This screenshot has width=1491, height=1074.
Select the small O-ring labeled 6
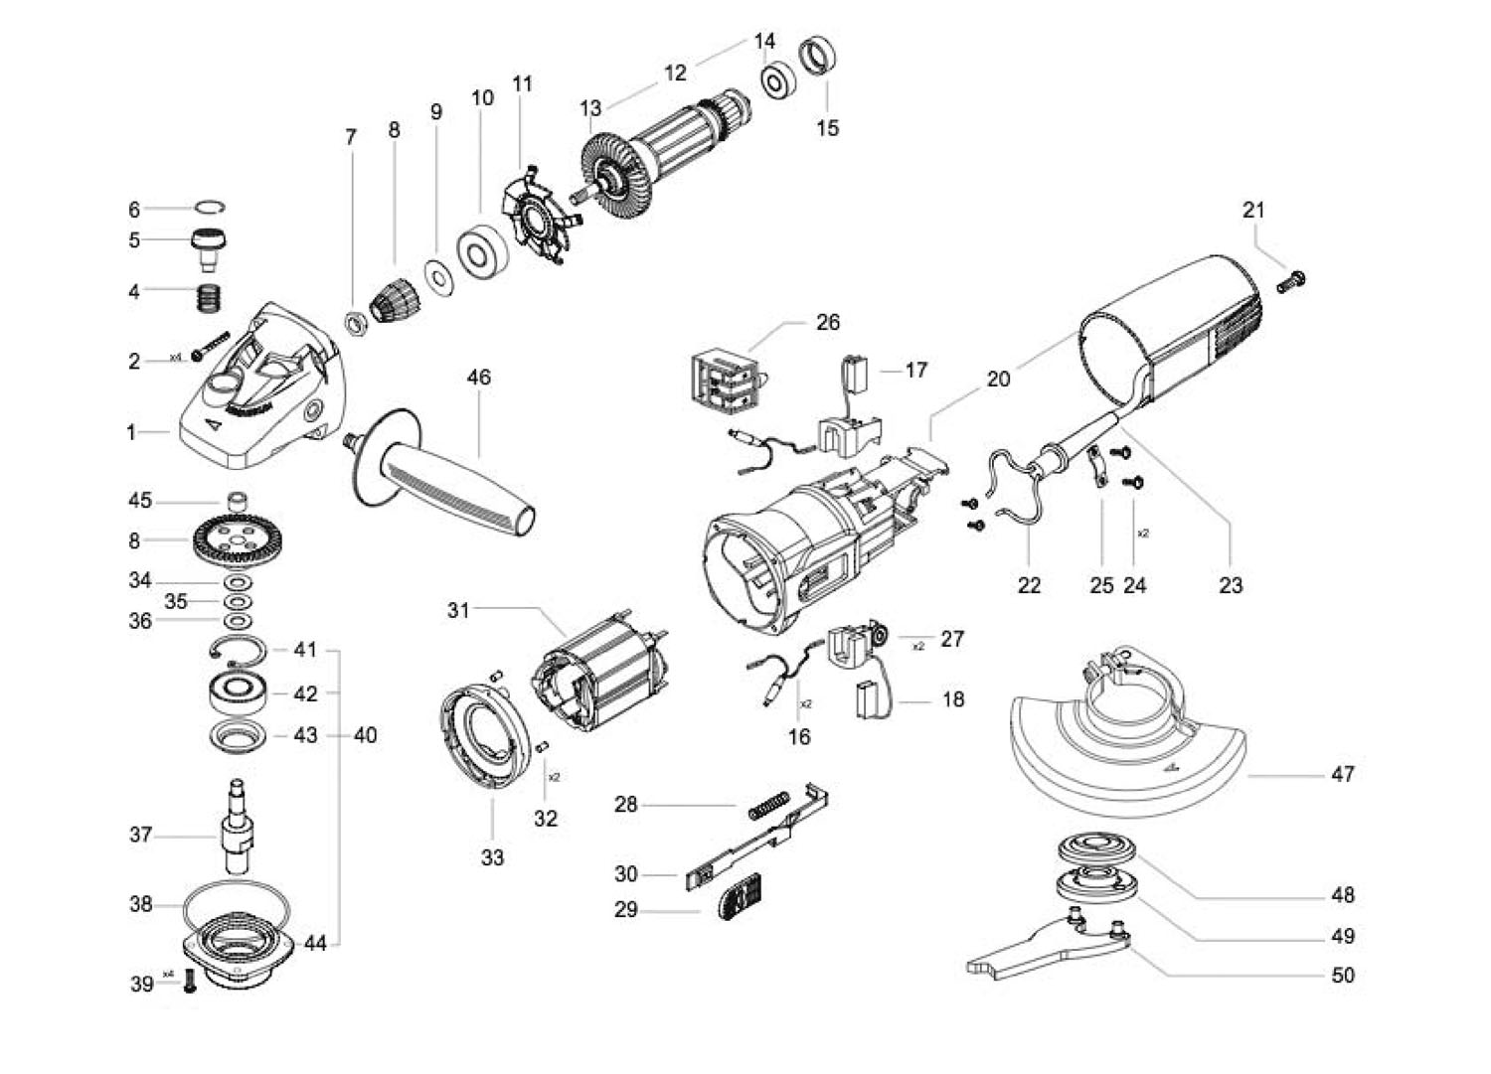tap(211, 207)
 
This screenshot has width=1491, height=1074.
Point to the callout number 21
tap(1253, 211)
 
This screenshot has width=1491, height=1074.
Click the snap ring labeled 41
tap(238, 650)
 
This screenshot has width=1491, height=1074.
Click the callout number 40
tap(366, 735)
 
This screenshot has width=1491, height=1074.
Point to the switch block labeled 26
tap(726, 382)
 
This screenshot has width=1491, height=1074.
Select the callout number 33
tap(493, 857)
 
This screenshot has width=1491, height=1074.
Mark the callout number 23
tap(1231, 585)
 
